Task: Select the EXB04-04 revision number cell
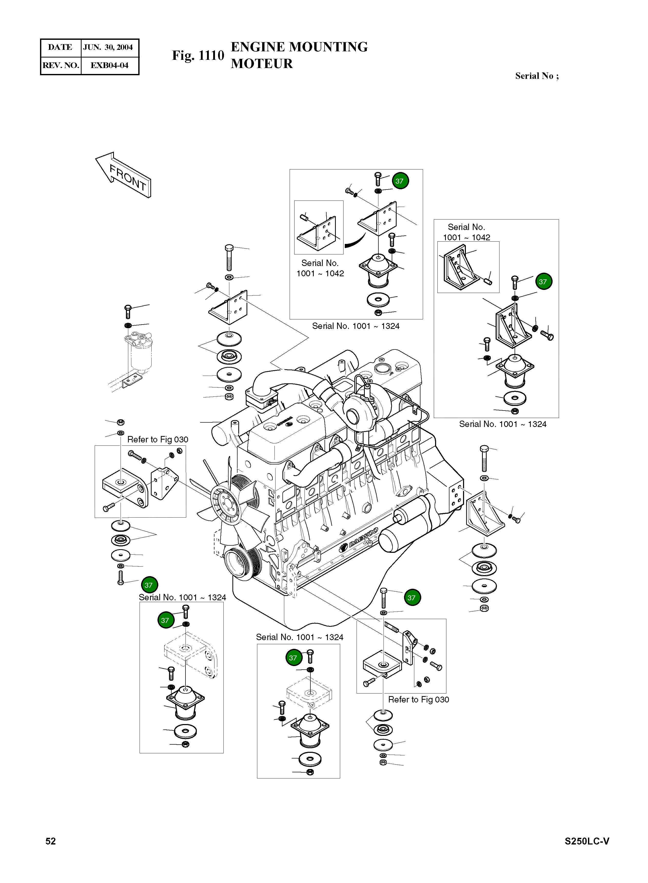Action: coord(110,65)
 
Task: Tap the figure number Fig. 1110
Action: coord(198,55)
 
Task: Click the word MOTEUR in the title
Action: coord(262,64)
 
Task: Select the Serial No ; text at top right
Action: coord(537,76)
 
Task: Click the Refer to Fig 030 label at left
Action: coord(158,439)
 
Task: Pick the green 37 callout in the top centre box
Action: coord(400,181)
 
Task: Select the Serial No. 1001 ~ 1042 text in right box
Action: coord(466,232)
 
